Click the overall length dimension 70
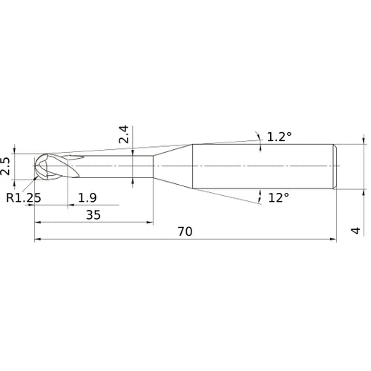point(185,232)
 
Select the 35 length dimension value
point(93,214)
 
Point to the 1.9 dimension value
point(86,197)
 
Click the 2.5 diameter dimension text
point(7,165)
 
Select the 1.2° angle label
point(279,137)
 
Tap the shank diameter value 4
point(356,231)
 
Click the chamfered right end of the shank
point(335,165)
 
